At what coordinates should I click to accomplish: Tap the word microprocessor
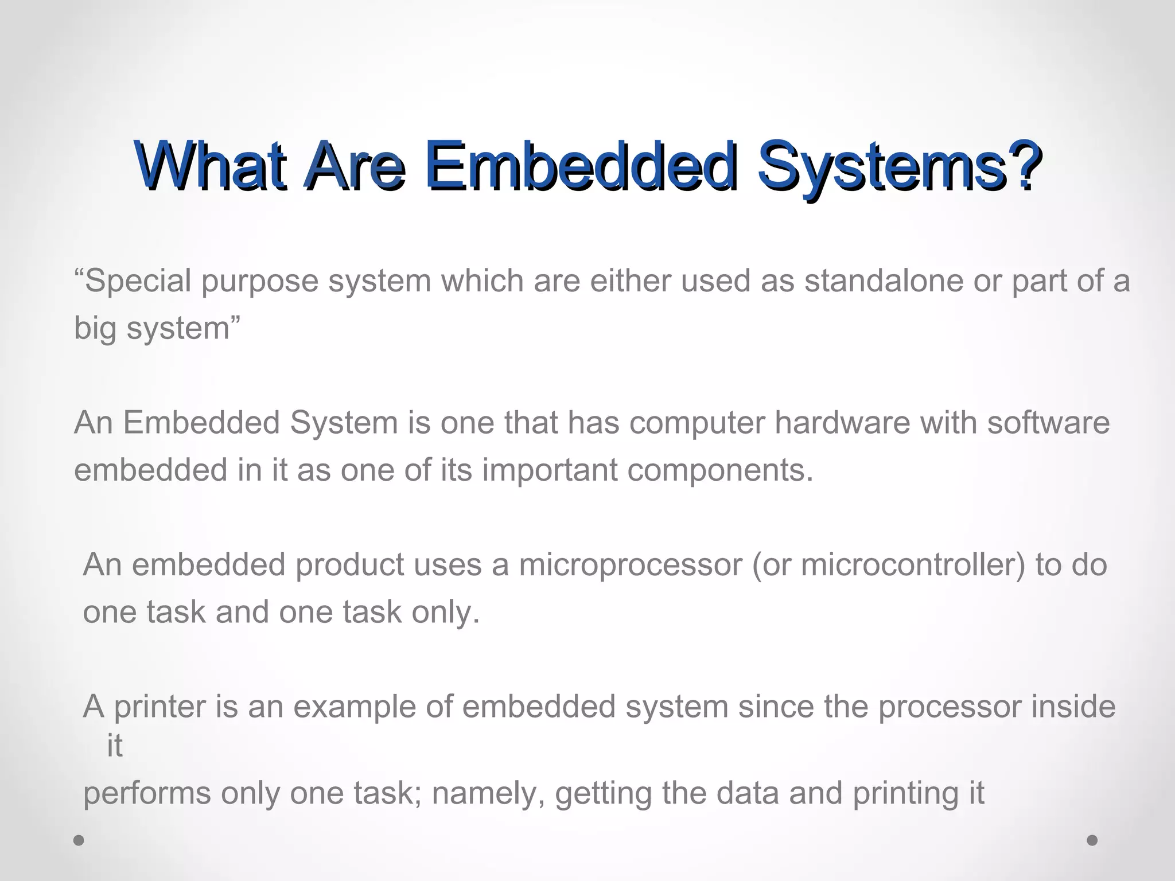click(631, 565)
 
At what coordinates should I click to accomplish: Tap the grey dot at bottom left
click(79, 840)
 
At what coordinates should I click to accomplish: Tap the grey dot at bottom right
click(1092, 840)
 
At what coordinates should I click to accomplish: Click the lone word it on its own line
click(115, 746)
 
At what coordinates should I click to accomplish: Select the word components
click(720, 470)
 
